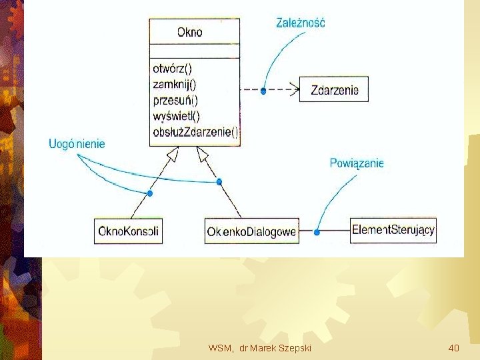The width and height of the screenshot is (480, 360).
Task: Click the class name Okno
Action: (x=190, y=31)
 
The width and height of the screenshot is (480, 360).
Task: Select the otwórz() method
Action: (x=172, y=69)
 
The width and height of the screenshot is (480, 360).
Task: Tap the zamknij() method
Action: (x=174, y=85)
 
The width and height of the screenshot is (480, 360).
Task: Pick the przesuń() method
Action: (x=175, y=101)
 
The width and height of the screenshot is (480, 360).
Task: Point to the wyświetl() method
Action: (x=176, y=116)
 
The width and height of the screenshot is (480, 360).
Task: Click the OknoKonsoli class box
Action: (x=128, y=231)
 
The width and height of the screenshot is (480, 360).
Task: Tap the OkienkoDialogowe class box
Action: (x=251, y=231)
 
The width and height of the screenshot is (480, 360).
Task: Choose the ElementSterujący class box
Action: (x=393, y=231)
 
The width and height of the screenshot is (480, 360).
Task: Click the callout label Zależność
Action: (x=300, y=23)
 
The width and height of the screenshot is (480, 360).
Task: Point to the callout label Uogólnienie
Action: (x=77, y=143)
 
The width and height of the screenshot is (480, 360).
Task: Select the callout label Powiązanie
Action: (x=357, y=163)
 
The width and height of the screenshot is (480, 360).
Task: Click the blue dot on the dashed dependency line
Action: (x=263, y=91)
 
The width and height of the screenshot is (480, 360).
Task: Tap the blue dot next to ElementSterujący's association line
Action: (x=317, y=232)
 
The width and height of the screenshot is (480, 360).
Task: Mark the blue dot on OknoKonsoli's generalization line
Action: (x=150, y=193)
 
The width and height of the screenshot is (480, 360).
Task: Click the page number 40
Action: (x=453, y=348)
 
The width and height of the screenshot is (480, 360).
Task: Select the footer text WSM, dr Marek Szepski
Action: (x=259, y=348)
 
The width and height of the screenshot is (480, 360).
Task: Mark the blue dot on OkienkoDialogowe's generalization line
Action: (x=218, y=181)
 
